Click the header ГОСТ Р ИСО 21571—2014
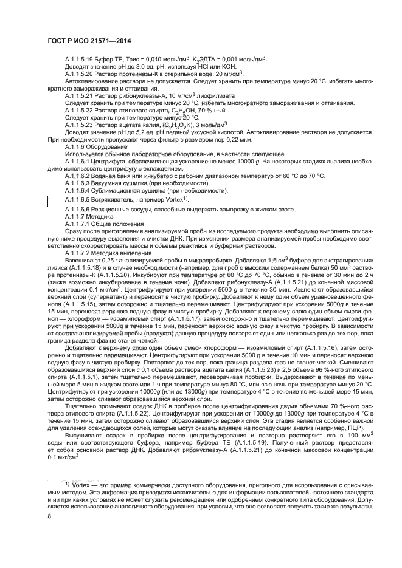point(89,41)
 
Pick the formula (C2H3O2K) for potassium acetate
point(178,124)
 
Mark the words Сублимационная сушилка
point(133,190)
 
